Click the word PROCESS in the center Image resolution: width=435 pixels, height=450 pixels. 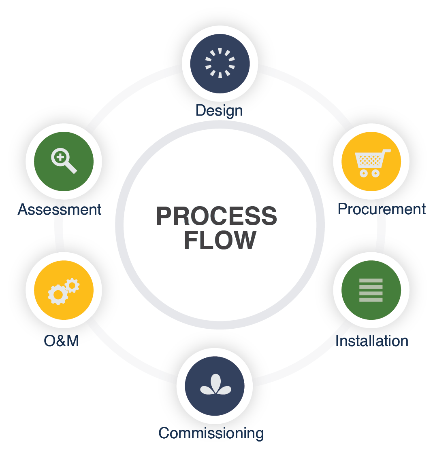(x=216, y=216)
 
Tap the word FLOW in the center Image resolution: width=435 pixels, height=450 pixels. (x=220, y=240)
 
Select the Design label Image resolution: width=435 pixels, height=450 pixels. (x=219, y=110)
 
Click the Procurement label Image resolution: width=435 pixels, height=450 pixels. (x=382, y=209)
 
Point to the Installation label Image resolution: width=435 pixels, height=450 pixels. (x=372, y=341)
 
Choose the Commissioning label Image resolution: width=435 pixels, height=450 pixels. (x=211, y=433)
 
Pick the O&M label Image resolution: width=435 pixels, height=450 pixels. (x=61, y=341)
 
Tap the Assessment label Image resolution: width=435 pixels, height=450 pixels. (x=60, y=209)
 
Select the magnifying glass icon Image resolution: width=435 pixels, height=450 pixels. (x=64, y=161)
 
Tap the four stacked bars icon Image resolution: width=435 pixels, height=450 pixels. (x=371, y=290)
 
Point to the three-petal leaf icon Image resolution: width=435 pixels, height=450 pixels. (x=215, y=386)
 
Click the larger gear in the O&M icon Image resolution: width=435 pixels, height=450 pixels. (x=58, y=295)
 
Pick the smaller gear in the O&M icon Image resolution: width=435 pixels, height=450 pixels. (x=72, y=285)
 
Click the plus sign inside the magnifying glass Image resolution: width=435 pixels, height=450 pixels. (x=60, y=156)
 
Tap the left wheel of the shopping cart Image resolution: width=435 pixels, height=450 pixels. (x=364, y=173)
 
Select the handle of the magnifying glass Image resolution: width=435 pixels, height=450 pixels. (x=71, y=168)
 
